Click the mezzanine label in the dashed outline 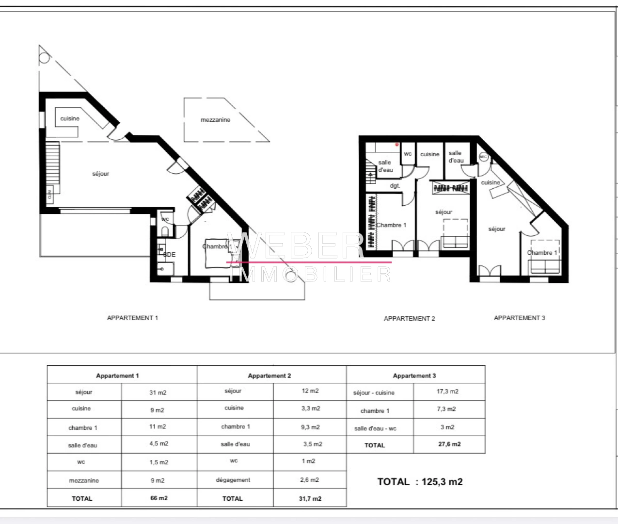click(x=216, y=120)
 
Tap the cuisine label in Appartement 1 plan click(x=70, y=118)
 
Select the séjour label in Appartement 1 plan click(x=101, y=174)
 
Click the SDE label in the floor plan click(x=169, y=254)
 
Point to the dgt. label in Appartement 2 click(x=395, y=186)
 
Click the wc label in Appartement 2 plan click(x=408, y=154)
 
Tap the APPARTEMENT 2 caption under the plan click(x=409, y=319)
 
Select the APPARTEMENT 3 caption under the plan click(x=519, y=318)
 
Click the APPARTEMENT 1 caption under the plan click(x=132, y=318)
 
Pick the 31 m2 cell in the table click(x=158, y=393)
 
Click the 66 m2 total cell click(x=158, y=498)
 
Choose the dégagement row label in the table click(x=233, y=480)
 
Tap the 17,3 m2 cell click(x=447, y=392)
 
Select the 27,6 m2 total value click(x=449, y=444)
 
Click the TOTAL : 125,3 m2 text click(x=420, y=482)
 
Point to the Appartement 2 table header click(x=269, y=376)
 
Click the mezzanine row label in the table click(x=84, y=480)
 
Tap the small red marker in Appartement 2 click(x=396, y=144)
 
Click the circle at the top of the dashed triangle click(x=44, y=58)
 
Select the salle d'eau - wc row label click(x=375, y=428)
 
